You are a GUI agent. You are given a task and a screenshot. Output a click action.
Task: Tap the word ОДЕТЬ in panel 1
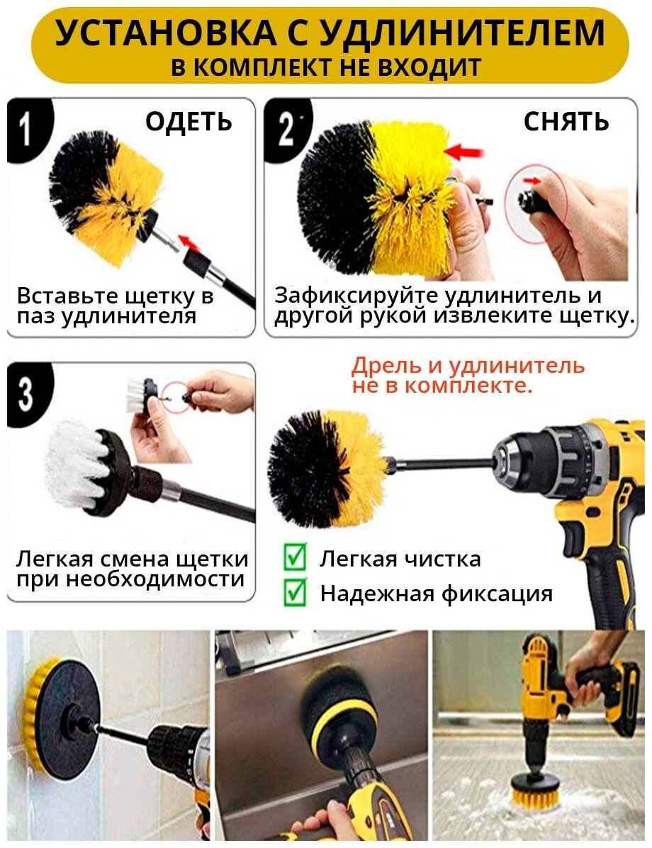(189, 122)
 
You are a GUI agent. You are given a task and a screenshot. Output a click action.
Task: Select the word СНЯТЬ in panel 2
(566, 122)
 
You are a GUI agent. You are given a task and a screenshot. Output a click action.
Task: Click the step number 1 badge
(27, 130)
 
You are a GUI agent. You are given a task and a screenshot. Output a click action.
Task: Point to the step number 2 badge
(286, 130)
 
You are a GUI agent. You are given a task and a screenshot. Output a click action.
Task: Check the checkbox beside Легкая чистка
(296, 557)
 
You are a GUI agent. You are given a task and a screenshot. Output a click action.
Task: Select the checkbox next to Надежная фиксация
(296, 591)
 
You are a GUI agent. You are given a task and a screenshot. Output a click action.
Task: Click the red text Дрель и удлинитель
(468, 366)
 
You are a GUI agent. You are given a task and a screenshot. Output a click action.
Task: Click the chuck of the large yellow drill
(519, 462)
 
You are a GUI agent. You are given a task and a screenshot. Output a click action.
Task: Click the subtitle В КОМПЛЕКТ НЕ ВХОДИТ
(326, 67)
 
